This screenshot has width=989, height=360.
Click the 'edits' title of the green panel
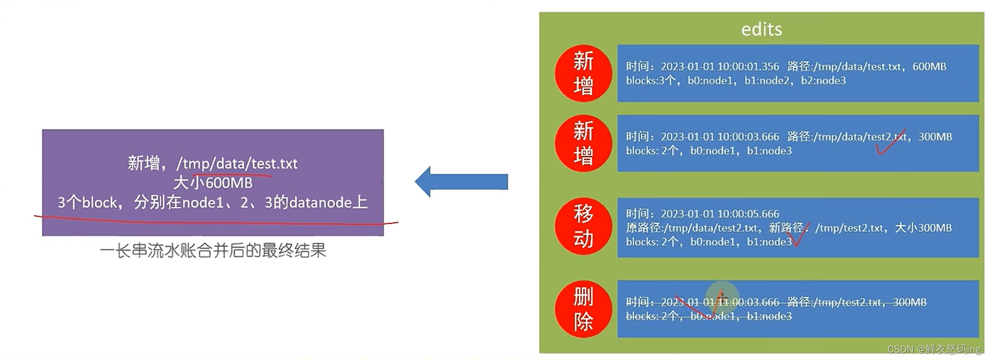[761, 29]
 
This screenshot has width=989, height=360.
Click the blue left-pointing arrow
[460, 182]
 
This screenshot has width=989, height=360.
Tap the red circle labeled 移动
[583, 226]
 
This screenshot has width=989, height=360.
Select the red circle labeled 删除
[583, 309]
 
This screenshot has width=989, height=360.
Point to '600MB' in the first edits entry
[929, 66]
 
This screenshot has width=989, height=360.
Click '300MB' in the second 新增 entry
[935, 137]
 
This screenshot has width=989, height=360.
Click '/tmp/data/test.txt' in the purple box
[237, 164]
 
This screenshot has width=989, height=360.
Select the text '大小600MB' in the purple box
[213, 183]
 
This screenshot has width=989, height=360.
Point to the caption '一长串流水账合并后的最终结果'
[213, 251]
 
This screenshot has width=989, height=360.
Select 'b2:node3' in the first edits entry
[823, 81]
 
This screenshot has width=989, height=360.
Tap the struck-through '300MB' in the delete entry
[910, 302]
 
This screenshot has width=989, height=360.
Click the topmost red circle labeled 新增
[583, 73]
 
